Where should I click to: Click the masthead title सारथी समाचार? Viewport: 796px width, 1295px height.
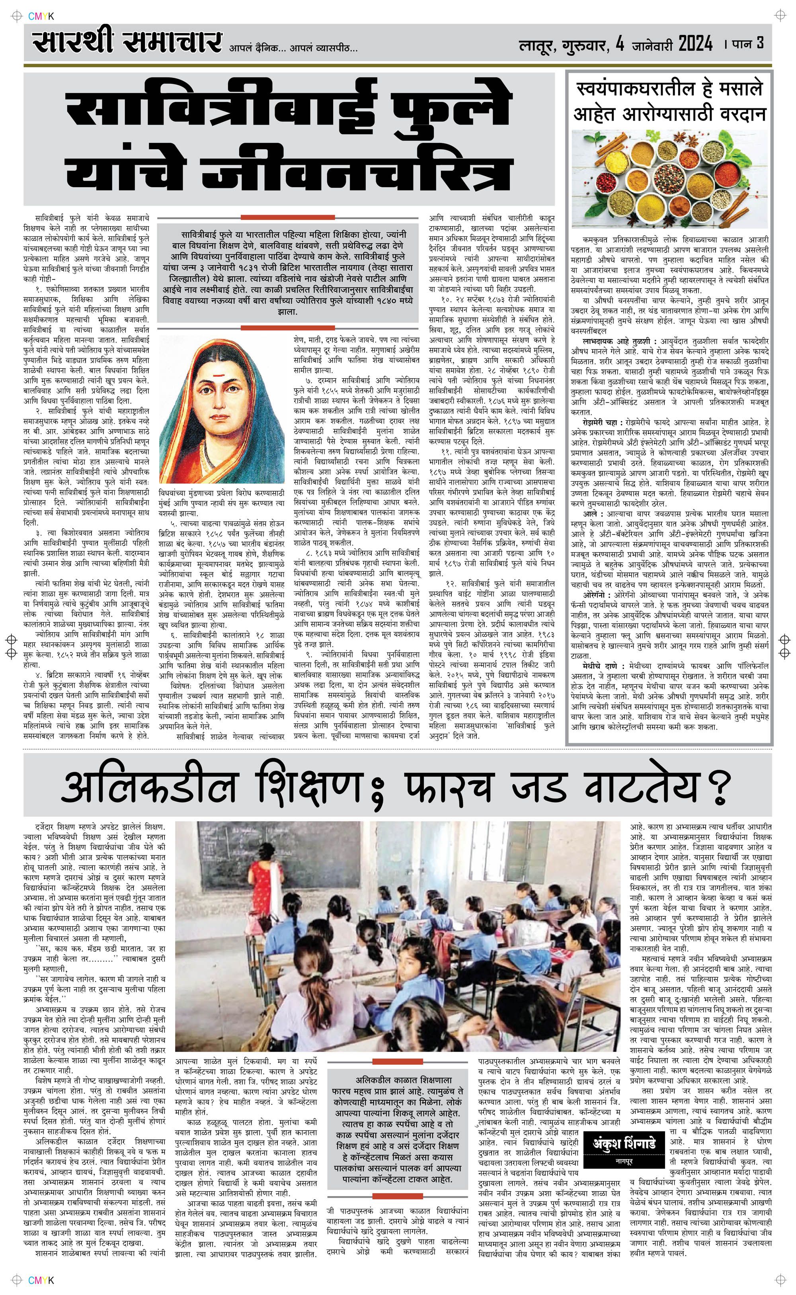(126, 43)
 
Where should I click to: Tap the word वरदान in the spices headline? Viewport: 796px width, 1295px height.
(739, 114)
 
